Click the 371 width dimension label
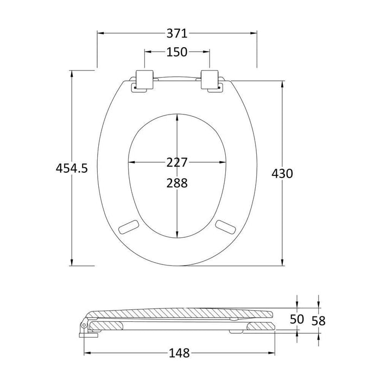pos(176,33)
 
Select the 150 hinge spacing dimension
pos(176,52)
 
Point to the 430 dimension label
pos(282,174)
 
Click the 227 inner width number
pos(177,162)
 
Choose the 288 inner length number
pos(177,183)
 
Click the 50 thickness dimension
pos(297,320)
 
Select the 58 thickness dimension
pos(318,320)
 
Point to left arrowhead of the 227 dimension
pos(130,162)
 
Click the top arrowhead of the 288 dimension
pos(178,117)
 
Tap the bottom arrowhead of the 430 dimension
pos(282,263)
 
